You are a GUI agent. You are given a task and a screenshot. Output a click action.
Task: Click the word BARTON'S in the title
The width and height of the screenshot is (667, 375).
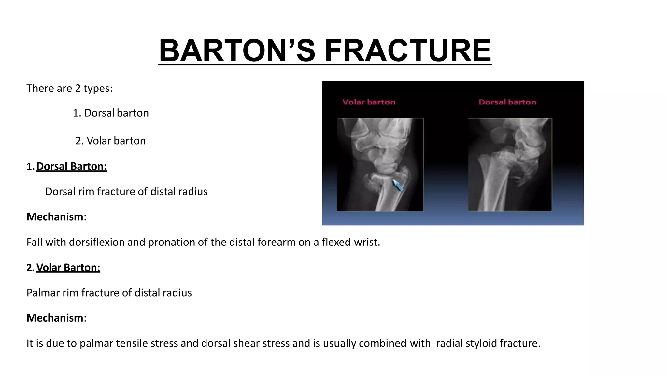[237, 51]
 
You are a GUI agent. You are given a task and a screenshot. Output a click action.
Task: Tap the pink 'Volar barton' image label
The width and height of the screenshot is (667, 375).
[369, 102]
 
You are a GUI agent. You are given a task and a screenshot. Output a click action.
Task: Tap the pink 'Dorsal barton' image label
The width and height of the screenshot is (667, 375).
[507, 102]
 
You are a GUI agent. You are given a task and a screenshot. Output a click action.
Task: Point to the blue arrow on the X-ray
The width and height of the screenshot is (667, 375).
[398, 185]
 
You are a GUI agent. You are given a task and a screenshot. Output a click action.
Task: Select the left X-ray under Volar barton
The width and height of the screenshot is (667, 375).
[380, 164]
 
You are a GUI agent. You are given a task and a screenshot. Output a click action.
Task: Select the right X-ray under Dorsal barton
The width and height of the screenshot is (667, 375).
[510, 164]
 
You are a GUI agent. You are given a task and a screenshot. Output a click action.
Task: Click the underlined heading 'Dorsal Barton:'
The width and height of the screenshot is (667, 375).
[71, 166]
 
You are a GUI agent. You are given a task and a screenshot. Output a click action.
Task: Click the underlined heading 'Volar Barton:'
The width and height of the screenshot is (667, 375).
[68, 268]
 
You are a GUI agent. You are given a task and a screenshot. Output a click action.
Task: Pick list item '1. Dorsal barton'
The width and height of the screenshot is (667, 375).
[110, 113]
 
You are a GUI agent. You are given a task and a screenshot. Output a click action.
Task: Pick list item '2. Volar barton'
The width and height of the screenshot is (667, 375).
[110, 141]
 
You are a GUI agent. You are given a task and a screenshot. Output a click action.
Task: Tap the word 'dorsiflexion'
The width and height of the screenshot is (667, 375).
[97, 242]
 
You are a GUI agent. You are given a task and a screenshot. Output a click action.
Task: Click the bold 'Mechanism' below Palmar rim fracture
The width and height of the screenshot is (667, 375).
[55, 318]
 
